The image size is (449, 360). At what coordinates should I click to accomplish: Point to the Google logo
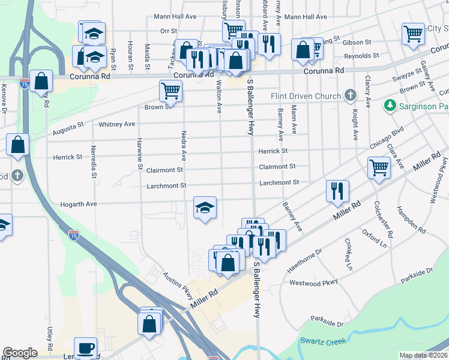pyautogui.click(x=20, y=353)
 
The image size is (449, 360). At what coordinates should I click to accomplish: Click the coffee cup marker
pyautogui.click(x=85, y=348)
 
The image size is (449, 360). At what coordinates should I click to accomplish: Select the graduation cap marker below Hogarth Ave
pyautogui.click(x=205, y=208)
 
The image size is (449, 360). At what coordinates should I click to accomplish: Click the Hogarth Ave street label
pyautogui.click(x=79, y=205)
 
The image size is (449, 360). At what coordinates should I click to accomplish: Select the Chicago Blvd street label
pyautogui.click(x=387, y=138)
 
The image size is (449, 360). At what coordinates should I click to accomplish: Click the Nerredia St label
pyautogui.click(x=93, y=162)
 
